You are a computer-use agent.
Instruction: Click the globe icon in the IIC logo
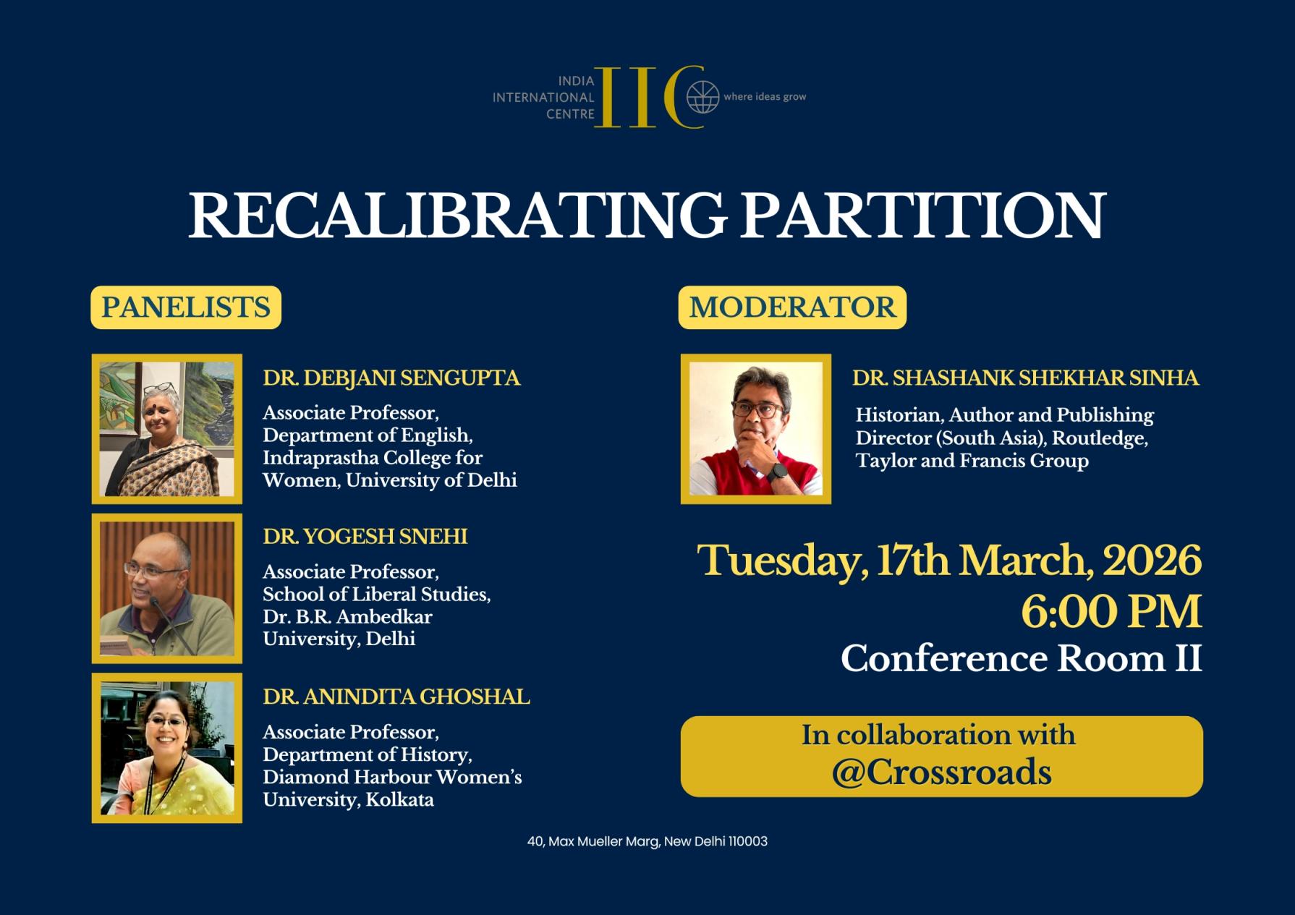coord(702,97)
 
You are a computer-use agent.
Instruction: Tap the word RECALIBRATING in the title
coord(457,216)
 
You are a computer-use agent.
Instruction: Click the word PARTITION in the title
coord(922,216)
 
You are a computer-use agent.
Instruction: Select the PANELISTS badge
coord(186,307)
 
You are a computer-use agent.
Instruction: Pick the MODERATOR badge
coord(792,307)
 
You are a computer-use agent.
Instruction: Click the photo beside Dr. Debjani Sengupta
coord(167,429)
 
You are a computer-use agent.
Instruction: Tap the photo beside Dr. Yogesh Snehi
coord(167,589)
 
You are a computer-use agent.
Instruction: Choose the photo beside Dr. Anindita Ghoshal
coord(167,748)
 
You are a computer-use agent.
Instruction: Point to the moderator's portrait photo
coord(756,429)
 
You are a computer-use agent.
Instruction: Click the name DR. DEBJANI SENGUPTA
coord(391,378)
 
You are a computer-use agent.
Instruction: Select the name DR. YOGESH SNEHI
coord(365,537)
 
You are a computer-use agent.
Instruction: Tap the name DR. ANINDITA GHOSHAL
coord(396,697)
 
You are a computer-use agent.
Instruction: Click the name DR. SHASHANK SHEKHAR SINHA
coord(1025,378)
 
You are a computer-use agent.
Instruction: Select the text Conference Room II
coord(1021,659)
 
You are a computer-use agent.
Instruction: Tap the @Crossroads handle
coord(941,773)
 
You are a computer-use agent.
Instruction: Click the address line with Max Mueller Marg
coord(647,841)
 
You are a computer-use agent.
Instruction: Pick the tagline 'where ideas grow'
coord(765,97)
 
